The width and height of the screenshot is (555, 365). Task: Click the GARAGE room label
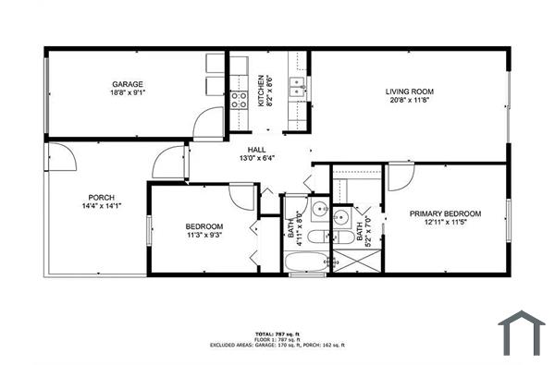tap(128, 84)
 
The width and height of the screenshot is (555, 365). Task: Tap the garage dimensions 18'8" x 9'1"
tap(128, 92)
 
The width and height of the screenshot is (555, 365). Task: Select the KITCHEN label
tap(262, 91)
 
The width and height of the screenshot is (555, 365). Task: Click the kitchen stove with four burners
tap(239, 100)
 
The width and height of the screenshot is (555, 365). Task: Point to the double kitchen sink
tap(297, 89)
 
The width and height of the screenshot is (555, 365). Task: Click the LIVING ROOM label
tap(410, 91)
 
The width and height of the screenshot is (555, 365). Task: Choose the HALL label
tap(257, 150)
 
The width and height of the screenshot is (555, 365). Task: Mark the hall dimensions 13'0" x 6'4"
tap(257, 158)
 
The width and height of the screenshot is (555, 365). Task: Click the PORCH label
tap(101, 198)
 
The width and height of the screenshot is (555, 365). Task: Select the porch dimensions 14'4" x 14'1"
tap(101, 206)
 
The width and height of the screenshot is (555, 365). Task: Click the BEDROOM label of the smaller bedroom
tap(204, 226)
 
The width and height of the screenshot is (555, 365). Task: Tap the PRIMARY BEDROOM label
tap(446, 213)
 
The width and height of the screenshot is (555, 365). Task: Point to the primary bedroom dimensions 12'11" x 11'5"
tap(446, 222)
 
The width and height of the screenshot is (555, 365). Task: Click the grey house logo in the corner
tap(522, 333)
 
